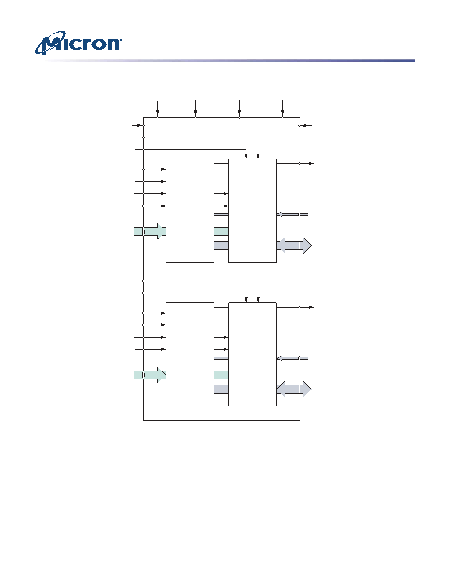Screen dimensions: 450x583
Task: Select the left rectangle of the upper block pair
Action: pos(190,211)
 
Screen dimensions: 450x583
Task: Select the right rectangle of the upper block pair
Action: pos(252,211)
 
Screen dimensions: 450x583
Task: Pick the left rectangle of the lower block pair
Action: pos(190,354)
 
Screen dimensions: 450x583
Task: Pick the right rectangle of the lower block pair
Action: pos(252,354)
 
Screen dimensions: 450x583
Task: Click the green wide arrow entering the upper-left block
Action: pos(150,231)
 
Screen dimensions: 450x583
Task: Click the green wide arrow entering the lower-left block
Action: pos(150,375)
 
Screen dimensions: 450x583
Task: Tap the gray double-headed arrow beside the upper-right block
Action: pos(294,246)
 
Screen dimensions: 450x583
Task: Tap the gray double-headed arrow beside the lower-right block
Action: pos(294,389)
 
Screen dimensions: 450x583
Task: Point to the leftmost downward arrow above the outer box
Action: pos(158,108)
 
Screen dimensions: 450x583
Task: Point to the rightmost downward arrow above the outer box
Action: pos(282,108)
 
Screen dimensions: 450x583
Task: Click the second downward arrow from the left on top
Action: pos(195,108)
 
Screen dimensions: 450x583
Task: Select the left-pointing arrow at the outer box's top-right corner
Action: pos(306,125)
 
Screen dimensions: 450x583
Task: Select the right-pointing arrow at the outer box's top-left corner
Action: pos(138,125)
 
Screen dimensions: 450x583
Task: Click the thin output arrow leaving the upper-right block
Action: pos(296,163)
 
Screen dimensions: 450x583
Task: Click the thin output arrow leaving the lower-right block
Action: pos(296,307)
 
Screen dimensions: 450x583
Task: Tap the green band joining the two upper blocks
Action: pos(221,231)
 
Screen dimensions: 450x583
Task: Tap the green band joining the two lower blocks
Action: pos(221,375)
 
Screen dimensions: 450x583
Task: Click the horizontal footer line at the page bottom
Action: pos(225,539)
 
